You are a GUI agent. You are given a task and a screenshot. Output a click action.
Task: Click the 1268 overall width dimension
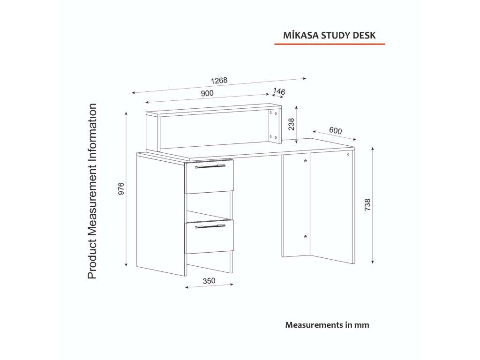219,80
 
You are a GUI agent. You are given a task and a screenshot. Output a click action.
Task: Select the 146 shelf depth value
279,92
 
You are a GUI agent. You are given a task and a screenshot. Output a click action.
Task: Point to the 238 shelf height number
291,124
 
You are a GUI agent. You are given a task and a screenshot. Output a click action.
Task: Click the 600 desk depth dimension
335,130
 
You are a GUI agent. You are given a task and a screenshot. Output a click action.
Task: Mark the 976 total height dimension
120,188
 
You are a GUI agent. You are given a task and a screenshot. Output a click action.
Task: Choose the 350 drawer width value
209,281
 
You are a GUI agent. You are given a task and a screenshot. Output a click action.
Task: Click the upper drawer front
209,177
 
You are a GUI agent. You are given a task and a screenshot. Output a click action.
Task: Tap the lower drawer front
209,238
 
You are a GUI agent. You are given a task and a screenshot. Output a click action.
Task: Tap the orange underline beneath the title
329,44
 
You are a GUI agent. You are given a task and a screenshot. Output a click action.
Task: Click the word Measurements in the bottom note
311,324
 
